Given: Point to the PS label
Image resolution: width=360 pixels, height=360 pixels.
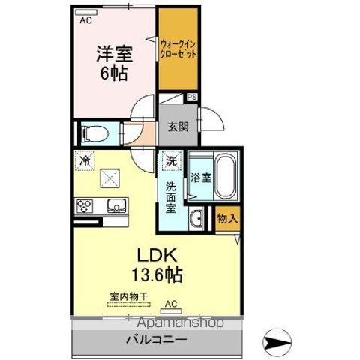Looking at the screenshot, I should pyautogui.click(x=193, y=96).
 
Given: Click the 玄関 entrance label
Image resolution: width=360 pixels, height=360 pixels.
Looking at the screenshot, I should pyautogui.click(x=178, y=127).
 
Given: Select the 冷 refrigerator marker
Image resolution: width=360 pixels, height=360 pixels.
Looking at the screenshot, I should pyautogui.click(x=85, y=160).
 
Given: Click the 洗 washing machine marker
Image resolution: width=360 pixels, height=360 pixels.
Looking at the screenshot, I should pyautogui.click(x=172, y=160).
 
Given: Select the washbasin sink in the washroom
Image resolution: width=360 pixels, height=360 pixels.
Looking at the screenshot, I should pyautogui.click(x=196, y=219).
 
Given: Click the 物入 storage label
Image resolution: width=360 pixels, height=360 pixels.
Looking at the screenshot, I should pyautogui.click(x=227, y=219).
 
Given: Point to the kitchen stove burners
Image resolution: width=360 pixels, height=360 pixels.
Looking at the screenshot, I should pyautogui.click(x=84, y=205).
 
